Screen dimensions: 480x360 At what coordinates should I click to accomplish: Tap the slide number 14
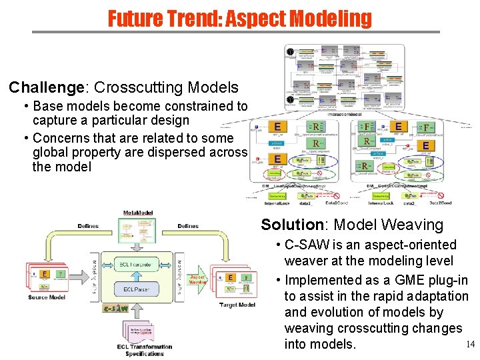click(469, 344)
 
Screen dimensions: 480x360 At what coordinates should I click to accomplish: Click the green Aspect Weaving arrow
click(197, 279)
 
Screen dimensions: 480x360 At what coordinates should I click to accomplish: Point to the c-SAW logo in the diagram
click(115, 308)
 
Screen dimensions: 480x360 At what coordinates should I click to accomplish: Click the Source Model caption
click(47, 297)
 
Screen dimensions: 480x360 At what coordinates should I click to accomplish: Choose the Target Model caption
click(237, 305)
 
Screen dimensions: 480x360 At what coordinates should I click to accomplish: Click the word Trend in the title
click(191, 18)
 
